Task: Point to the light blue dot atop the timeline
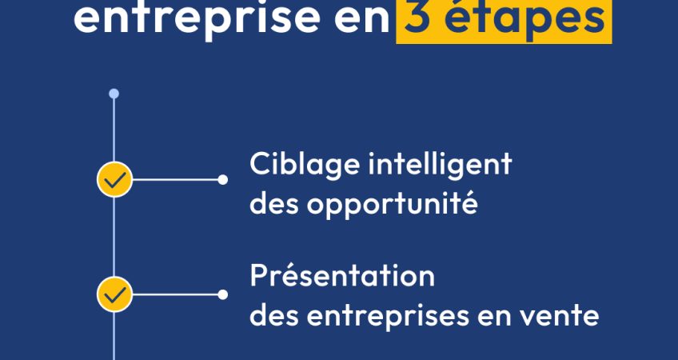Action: pyautogui.click(x=114, y=94)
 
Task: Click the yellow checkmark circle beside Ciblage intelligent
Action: pyautogui.click(x=114, y=179)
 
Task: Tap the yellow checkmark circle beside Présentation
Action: pyautogui.click(x=114, y=294)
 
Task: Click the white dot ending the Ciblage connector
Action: pyautogui.click(x=223, y=179)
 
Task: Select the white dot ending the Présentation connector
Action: pyautogui.click(x=223, y=294)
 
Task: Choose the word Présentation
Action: pyautogui.click(x=342, y=277)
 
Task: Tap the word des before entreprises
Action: pyautogui.click(x=274, y=316)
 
